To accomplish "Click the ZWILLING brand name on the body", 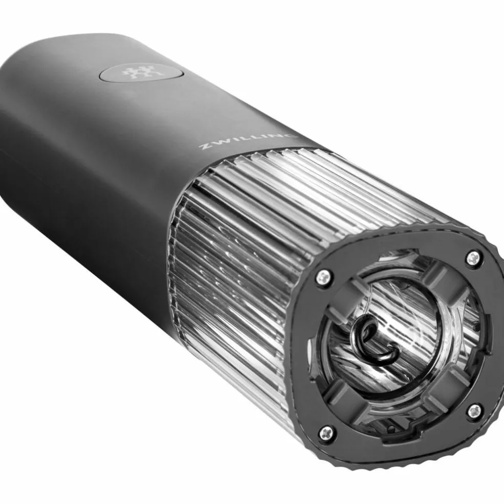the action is pyautogui.click(x=247, y=141).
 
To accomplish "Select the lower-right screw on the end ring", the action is pyautogui.click(x=474, y=411).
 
